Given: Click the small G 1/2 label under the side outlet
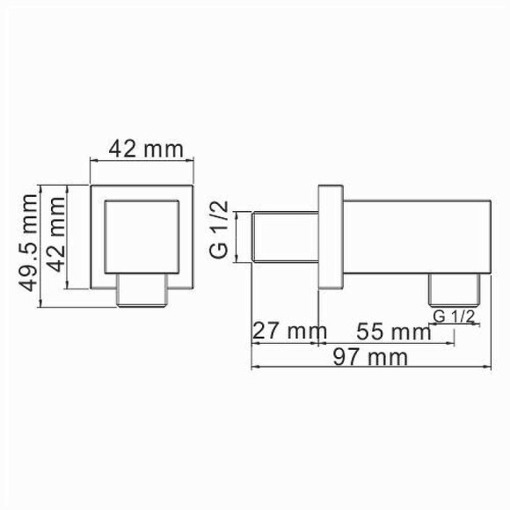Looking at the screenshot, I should pos(455,315).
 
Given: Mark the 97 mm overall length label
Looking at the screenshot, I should pos(374,357).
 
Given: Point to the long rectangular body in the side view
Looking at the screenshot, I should pos(413,237).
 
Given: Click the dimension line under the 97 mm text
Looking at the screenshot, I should pos(369,368).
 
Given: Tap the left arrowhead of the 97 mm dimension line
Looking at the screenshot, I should pos(255,368).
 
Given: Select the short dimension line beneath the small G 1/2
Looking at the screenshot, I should pos(455,324).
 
